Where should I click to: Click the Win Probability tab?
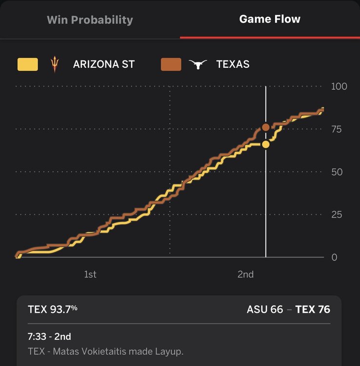coord(90,20)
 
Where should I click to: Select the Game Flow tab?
coord(270,20)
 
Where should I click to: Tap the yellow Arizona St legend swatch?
coord(28,64)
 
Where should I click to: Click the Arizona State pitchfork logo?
coord(54,64)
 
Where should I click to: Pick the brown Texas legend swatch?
coord(171,64)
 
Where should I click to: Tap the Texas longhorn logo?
coord(198,64)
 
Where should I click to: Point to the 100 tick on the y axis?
coord(339,87)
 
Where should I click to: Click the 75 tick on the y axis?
coord(337,129)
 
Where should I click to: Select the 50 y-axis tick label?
coord(337,172)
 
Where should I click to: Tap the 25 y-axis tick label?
coord(337,215)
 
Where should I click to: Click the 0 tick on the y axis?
coord(334,257)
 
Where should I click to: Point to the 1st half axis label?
coord(90,274)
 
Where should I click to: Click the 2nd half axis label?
coord(245,274)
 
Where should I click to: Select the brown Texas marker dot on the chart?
coord(265,127)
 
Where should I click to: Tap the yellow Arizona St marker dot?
coord(265,144)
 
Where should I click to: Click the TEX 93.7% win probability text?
coord(53,309)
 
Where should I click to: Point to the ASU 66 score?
coord(264,309)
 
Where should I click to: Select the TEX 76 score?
coord(313,309)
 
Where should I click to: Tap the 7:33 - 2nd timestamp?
coord(50,337)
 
